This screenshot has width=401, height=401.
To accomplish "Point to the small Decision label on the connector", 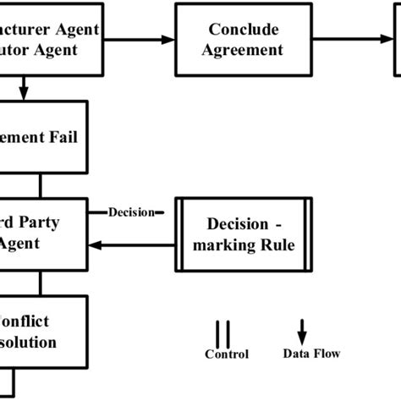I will (x=131, y=212).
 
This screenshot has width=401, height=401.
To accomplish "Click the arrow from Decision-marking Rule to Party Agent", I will (x=140, y=244).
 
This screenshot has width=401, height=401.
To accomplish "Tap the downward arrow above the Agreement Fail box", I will (x=25, y=86).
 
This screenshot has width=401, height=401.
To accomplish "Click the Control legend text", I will (x=227, y=354).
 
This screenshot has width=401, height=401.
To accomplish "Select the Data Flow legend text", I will (x=311, y=354).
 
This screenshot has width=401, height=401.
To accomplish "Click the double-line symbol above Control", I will (x=223, y=332).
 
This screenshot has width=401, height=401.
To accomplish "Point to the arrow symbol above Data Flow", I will (x=303, y=331).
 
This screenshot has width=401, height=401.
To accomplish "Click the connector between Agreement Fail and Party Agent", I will (x=39, y=184).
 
